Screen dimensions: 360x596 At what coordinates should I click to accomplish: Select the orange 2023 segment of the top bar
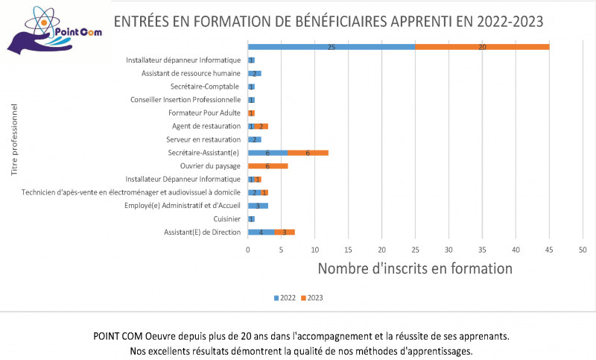pyautogui.click(x=482, y=47)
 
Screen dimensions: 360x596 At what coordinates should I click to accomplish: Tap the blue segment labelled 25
pyautogui.click(x=331, y=47)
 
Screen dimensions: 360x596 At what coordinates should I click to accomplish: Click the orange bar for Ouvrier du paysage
pyautogui.click(x=267, y=165)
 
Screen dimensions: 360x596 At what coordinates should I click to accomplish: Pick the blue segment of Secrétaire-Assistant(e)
pyautogui.click(x=267, y=153)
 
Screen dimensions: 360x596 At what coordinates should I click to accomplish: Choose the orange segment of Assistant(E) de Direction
pyautogui.click(x=285, y=233)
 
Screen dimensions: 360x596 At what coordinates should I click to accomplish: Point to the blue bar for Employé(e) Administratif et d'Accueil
pyautogui.click(x=258, y=206)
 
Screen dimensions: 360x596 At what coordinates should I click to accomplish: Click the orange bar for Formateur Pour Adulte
pyautogui.click(x=251, y=113)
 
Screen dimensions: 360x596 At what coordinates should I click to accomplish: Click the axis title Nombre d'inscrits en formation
pyautogui.click(x=415, y=268)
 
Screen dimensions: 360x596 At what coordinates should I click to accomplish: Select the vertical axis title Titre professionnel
pyautogui.click(x=15, y=145)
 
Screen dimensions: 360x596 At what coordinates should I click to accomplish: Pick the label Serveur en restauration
pyautogui.click(x=205, y=139)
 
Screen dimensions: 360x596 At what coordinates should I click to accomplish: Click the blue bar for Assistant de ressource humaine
pyautogui.click(x=255, y=73)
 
